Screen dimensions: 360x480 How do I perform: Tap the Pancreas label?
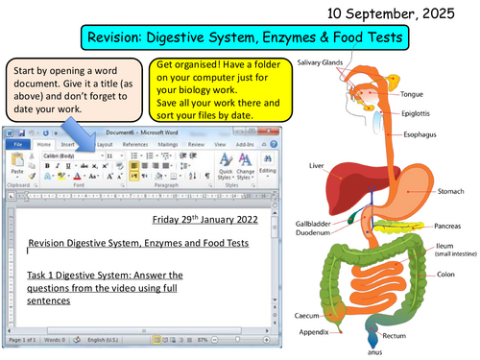pos(446,227)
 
